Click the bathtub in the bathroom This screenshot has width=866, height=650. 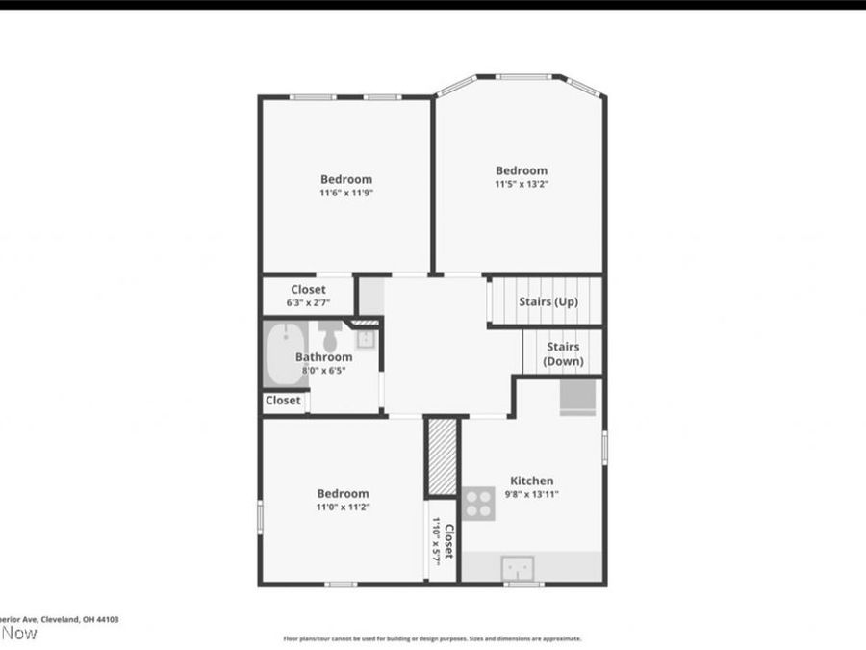(x=285, y=354)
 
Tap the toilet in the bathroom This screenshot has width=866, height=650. (x=330, y=337)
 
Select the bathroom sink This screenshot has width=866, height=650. (x=366, y=338)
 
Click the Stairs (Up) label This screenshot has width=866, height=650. (x=548, y=301)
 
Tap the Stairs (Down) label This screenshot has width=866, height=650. (x=562, y=353)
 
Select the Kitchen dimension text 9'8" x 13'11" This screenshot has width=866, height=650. (x=532, y=495)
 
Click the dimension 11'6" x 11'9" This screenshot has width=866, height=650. (x=345, y=193)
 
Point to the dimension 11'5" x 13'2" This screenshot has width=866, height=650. (x=522, y=184)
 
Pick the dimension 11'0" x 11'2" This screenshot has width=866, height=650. (x=344, y=507)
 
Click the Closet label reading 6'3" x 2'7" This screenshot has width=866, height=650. (x=308, y=302)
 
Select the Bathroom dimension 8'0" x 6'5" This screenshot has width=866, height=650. (x=323, y=370)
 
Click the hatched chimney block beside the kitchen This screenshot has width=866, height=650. (x=442, y=457)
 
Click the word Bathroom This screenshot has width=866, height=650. (x=323, y=357)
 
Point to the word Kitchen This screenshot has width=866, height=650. (x=531, y=481)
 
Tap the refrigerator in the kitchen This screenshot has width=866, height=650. (x=579, y=395)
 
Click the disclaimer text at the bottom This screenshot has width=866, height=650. (x=432, y=638)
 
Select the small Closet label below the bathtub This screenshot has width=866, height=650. (x=283, y=401)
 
